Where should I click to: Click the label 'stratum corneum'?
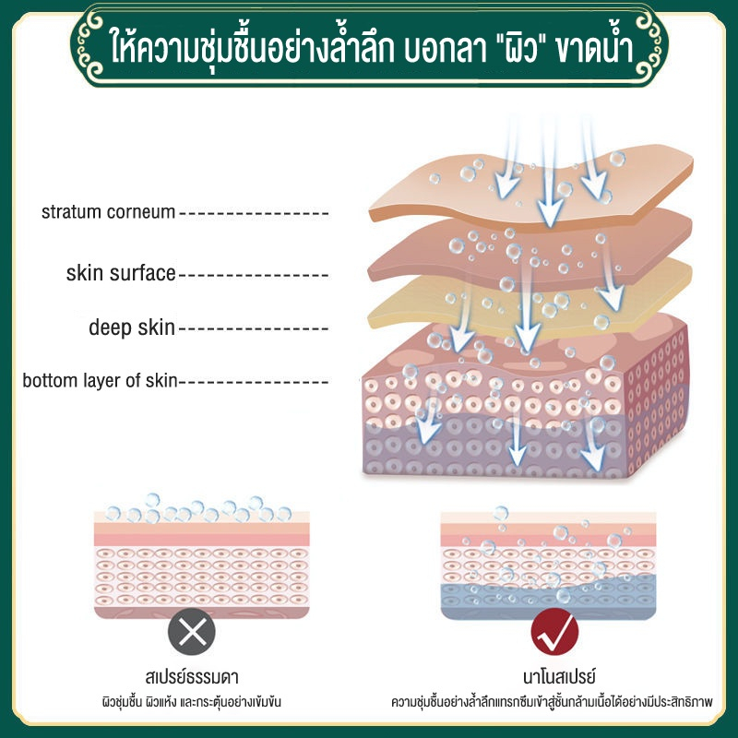pyautogui.click(x=108, y=212)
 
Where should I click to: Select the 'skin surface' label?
pyautogui.click(x=121, y=273)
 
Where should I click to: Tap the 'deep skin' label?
pyautogui.click(x=132, y=327)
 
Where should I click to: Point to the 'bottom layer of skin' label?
pyautogui.click(x=100, y=380)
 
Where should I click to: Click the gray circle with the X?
pyautogui.click(x=192, y=632)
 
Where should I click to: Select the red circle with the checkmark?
pyautogui.click(x=554, y=632)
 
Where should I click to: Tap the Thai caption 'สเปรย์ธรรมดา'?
pyautogui.click(x=192, y=677)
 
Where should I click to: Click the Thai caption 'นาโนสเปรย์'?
pyautogui.click(x=560, y=677)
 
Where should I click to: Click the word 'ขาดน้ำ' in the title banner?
pyautogui.click(x=594, y=46)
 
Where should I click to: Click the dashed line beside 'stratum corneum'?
pyautogui.click(x=255, y=214)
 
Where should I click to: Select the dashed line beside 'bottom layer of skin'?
pyautogui.click(x=255, y=382)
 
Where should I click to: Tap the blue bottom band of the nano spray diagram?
pyautogui.click(x=548, y=601)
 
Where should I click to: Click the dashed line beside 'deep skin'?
pyautogui.click(x=255, y=328)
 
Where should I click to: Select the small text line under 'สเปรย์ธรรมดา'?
pyautogui.click(x=192, y=702)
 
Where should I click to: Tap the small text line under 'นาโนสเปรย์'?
pyautogui.click(x=552, y=702)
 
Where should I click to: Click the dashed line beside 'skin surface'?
pyautogui.click(x=255, y=275)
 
